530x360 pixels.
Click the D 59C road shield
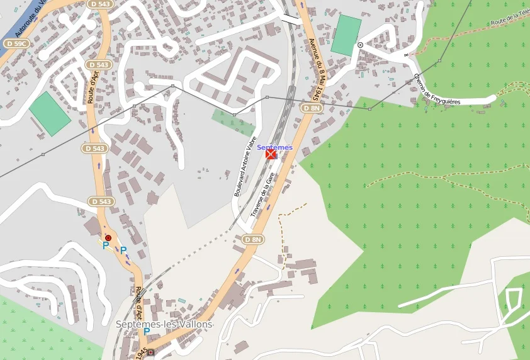point(17,43)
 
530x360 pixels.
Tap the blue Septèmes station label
point(274,147)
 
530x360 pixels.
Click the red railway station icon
point(271,154)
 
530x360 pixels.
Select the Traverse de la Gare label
point(263,196)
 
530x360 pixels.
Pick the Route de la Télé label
point(510,20)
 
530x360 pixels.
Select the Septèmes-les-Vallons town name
point(164,324)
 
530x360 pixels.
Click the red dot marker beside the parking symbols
point(108,238)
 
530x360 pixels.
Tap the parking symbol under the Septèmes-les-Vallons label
point(147,332)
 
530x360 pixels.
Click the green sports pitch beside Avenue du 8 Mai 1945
point(347,35)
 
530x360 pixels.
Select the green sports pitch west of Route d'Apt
point(50,113)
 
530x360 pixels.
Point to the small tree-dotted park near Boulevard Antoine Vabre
point(233,121)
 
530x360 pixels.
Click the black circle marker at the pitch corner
point(360,45)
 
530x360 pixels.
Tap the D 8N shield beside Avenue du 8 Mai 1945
point(311,108)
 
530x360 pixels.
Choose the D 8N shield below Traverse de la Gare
point(252,239)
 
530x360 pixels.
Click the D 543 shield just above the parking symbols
point(100,201)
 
